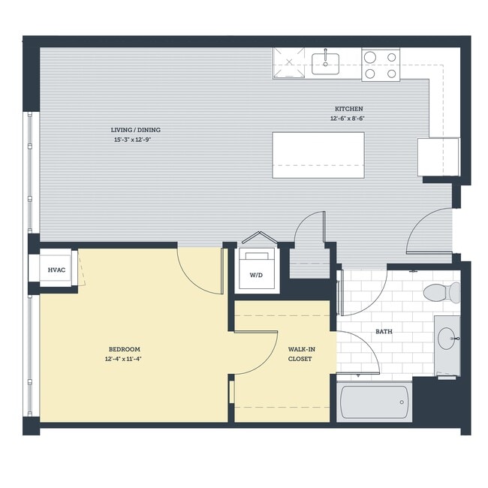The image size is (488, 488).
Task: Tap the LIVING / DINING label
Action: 136,130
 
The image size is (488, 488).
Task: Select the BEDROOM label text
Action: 125,349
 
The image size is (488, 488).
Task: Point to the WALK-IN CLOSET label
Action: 300,354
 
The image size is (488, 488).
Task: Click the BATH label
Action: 384,331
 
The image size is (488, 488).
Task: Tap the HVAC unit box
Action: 56,269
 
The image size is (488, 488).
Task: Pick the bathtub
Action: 375,402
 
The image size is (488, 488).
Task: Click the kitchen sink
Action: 325,63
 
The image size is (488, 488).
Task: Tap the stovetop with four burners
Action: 380,65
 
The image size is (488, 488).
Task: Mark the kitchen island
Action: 318,155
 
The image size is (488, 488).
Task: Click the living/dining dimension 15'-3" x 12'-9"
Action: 136,140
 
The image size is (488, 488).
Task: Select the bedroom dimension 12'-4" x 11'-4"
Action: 125,359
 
